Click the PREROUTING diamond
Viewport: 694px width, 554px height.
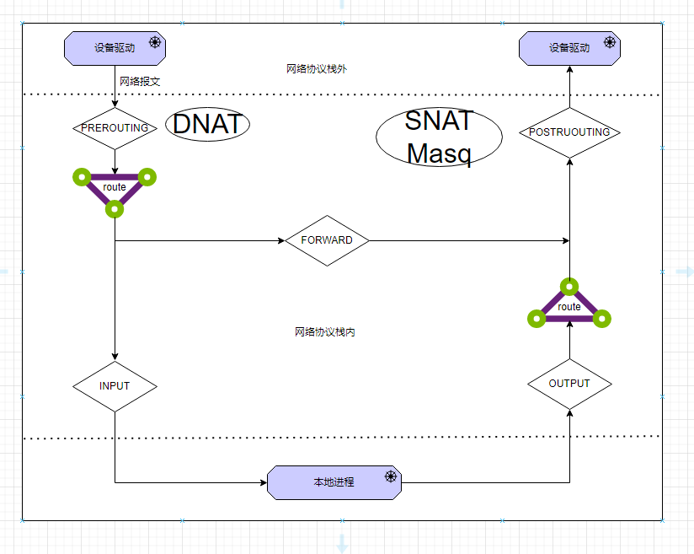point(115,128)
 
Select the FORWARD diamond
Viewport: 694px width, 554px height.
point(327,240)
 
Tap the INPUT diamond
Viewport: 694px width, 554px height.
point(115,386)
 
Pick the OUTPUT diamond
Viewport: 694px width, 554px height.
point(569,384)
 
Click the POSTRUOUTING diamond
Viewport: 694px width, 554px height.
point(569,132)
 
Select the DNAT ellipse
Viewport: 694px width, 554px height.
point(207,125)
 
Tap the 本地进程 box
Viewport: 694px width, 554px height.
point(334,482)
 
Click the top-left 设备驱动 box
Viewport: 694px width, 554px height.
point(115,48)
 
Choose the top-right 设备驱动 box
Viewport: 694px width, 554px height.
point(569,48)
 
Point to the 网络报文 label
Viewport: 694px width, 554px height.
point(140,82)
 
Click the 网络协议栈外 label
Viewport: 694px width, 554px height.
point(317,69)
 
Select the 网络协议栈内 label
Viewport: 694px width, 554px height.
point(325,332)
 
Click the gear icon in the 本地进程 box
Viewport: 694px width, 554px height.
point(391,476)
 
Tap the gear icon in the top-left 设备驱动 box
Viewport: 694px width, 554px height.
point(155,42)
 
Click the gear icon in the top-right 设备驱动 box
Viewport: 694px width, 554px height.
point(610,42)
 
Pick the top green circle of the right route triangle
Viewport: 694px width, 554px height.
point(569,287)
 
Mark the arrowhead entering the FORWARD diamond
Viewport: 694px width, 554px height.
point(281,241)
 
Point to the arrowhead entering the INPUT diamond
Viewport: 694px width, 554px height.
point(115,356)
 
